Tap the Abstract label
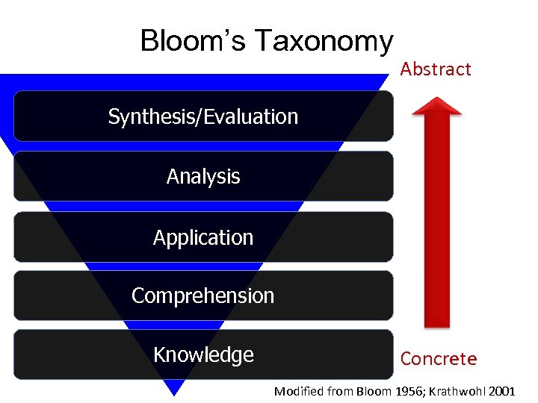pyautogui.click(x=436, y=69)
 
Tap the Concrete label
pyautogui.click(x=438, y=359)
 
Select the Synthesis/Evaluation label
pyautogui.click(x=203, y=116)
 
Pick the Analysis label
pyautogui.click(x=203, y=177)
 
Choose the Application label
pyautogui.click(x=203, y=237)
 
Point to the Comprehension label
pyautogui.click(x=203, y=296)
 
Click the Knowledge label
pyautogui.click(x=203, y=354)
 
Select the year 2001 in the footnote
pyautogui.click(x=501, y=391)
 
